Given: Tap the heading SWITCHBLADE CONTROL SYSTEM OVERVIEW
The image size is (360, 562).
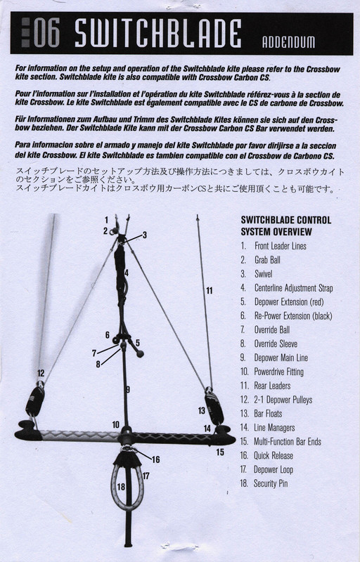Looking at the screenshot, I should (285, 226).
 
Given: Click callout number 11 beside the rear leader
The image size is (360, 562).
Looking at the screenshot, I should (209, 290).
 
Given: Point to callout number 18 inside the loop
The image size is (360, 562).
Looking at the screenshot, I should (121, 486).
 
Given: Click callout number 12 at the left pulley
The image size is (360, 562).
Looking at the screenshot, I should (41, 373).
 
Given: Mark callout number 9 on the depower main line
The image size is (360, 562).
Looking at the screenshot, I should (127, 388).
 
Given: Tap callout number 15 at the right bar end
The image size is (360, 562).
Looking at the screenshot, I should (221, 452).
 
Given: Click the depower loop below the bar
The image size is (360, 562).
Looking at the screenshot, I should (128, 485).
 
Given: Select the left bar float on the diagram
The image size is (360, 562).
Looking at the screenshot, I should (34, 400).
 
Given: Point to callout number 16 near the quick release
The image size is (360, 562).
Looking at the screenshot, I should (155, 459).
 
